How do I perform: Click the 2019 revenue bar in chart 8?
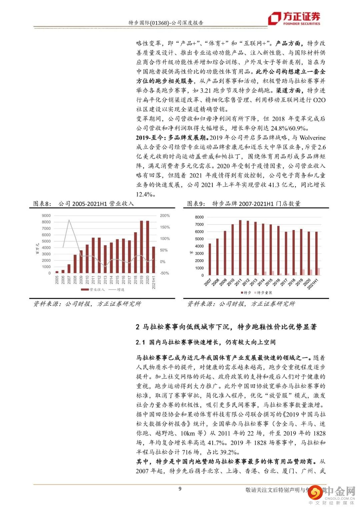point(142,247)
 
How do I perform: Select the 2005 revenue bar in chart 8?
point(57,272)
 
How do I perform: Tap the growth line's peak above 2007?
point(69,220)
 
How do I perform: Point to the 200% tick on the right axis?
point(165,216)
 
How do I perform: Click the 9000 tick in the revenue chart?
point(46,216)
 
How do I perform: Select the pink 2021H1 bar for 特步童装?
point(318,272)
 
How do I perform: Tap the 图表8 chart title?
point(83,204)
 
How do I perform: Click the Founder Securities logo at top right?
point(294,18)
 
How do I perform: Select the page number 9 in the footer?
point(180,489)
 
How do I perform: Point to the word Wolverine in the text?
point(312,138)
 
